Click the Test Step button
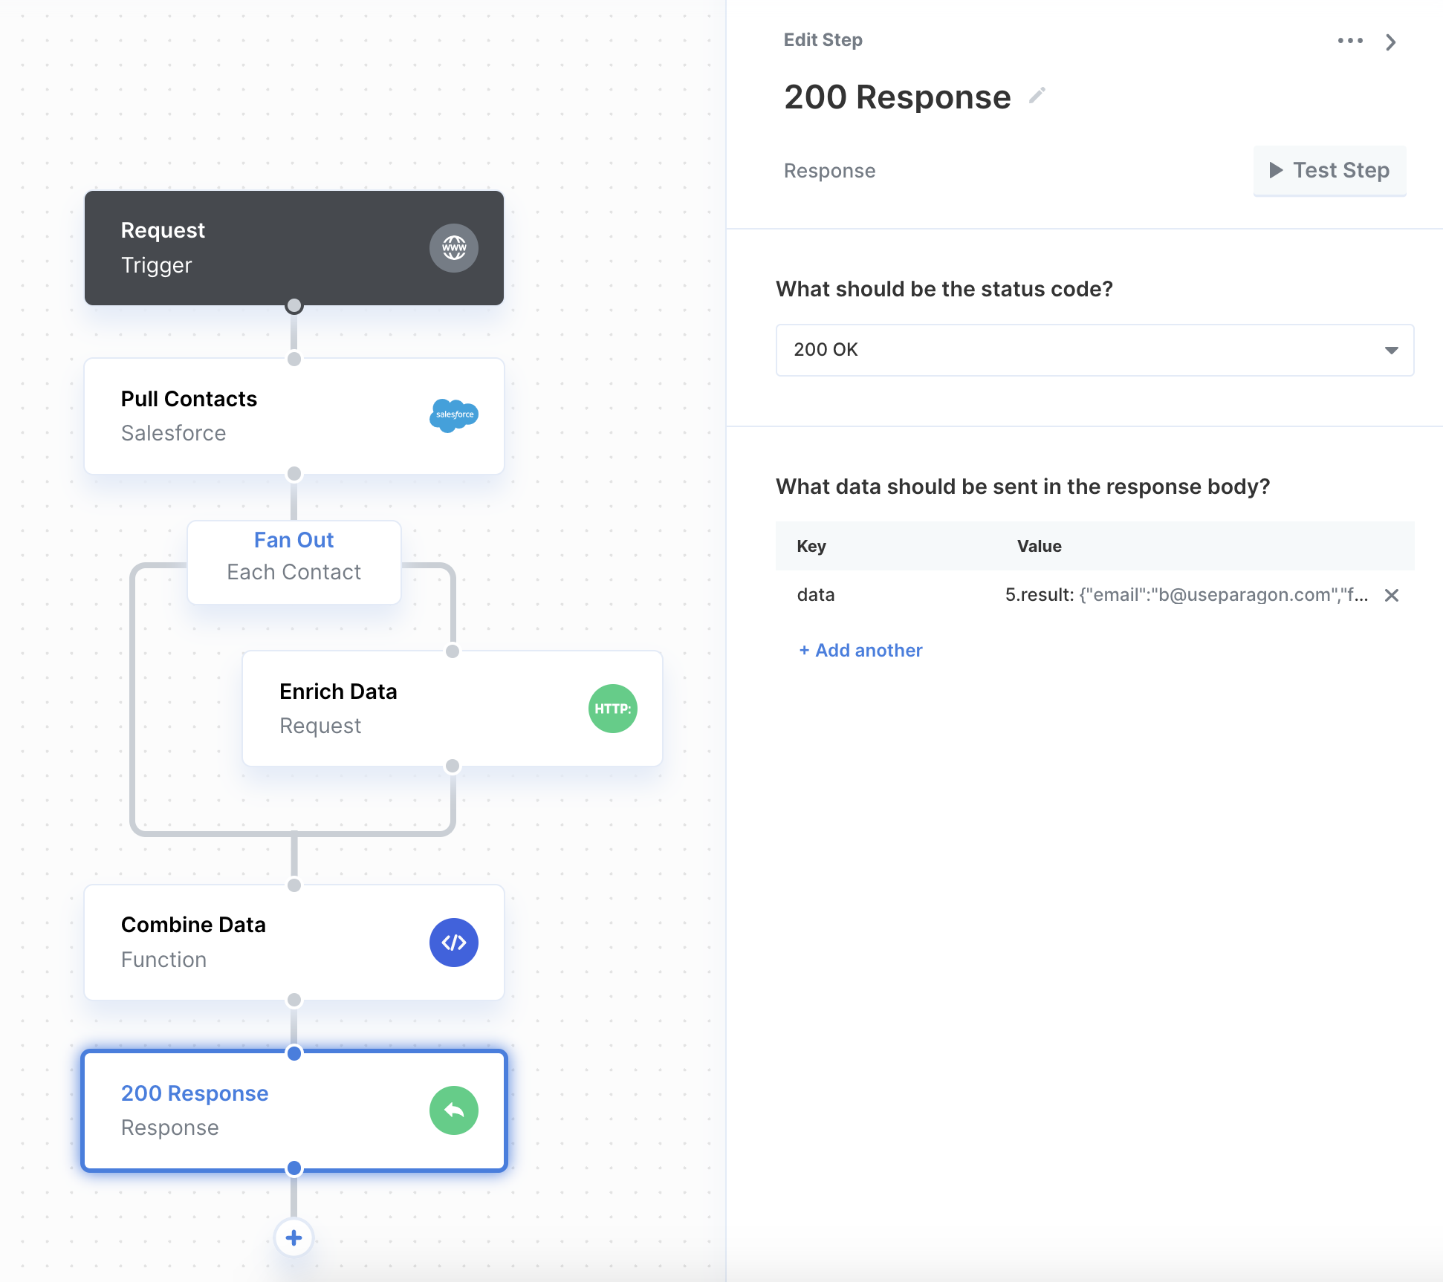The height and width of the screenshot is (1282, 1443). pos(1329,171)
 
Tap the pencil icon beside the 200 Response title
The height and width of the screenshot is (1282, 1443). pos(1037,96)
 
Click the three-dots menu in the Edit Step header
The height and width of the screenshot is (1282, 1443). pos(1350,41)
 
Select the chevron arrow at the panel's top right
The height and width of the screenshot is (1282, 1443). pos(1391,42)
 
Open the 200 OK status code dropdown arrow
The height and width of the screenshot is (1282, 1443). pos(1391,350)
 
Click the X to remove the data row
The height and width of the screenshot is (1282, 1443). pos(1392,595)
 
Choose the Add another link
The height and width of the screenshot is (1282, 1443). pos(860,651)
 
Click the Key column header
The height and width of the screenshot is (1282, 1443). pos(811,546)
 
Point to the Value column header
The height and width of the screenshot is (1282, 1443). pos(1039,546)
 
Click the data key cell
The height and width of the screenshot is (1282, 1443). pos(816,595)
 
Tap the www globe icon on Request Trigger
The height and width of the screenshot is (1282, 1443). pos(454,248)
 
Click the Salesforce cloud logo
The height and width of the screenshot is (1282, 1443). pos(454,415)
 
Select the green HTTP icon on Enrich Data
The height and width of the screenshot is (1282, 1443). pos(613,709)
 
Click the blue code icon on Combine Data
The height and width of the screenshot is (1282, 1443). pos(454,943)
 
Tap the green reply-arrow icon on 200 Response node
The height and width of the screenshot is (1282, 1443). pos(454,1110)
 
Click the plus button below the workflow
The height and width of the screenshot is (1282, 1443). pos(294,1238)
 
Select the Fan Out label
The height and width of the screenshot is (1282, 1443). pos(294,540)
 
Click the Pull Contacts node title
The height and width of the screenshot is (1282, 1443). pos(189,399)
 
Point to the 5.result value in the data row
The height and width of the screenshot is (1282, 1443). pos(1187,595)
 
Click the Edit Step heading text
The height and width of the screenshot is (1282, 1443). pos(823,40)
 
